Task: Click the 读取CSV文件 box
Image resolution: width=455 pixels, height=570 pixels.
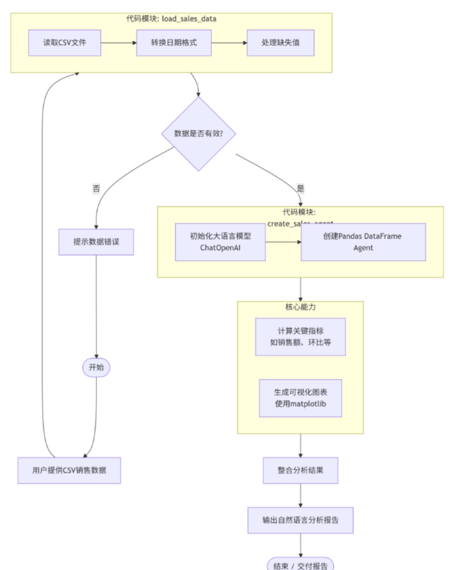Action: coord(64,43)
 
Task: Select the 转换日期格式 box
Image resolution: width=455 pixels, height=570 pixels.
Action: coord(173,43)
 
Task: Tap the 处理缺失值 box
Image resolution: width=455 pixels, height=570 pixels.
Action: coord(280,43)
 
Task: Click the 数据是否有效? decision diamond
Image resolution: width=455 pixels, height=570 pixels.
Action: coord(199,133)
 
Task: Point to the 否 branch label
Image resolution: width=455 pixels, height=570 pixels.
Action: coord(96,189)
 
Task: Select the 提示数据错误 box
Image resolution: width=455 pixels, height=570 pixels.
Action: coord(96,242)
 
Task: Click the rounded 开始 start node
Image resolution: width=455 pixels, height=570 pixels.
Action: coord(96,368)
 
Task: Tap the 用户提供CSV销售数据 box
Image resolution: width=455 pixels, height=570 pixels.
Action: coord(69,470)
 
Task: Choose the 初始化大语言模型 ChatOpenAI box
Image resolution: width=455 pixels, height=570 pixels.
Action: coord(220,242)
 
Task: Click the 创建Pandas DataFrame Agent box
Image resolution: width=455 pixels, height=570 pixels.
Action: coord(363,242)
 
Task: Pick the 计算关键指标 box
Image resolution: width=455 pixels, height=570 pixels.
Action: coord(300,337)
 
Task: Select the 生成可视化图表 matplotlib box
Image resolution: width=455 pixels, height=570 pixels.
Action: coord(300,398)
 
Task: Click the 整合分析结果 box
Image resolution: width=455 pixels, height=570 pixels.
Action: coord(300,470)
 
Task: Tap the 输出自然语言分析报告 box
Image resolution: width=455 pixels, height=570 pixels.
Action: coord(300,520)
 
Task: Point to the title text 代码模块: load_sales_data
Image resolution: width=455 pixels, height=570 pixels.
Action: coord(172,19)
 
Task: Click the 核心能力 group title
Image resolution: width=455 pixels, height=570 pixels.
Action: coord(300,307)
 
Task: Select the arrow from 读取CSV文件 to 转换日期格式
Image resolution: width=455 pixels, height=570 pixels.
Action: coord(119,43)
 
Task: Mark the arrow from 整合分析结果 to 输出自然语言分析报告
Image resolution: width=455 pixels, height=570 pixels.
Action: coord(300,495)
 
